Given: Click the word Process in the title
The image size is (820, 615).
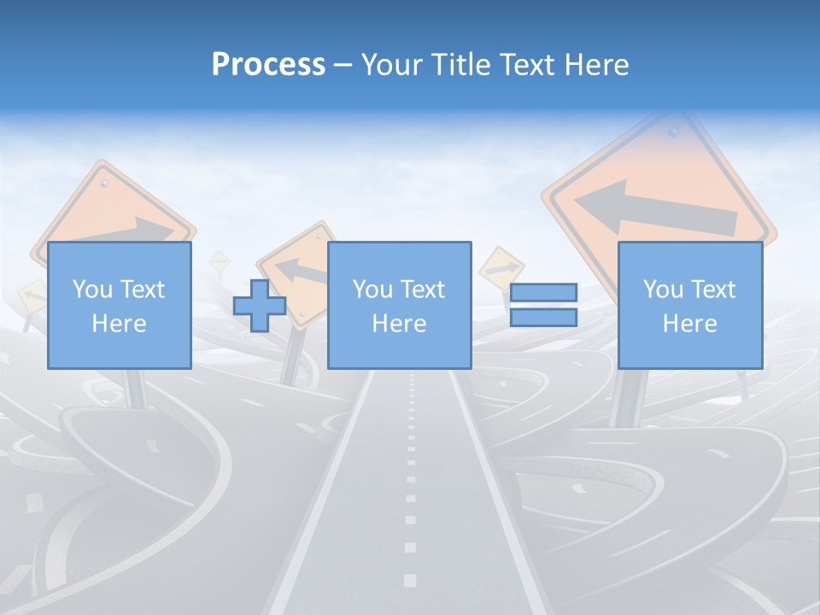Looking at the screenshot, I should click(x=268, y=65).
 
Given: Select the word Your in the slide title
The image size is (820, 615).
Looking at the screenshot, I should click(x=394, y=65).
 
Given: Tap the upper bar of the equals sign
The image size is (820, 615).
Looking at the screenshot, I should click(x=543, y=293).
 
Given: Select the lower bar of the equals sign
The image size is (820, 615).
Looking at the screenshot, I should click(x=543, y=318).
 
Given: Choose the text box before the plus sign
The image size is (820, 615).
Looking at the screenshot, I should click(x=119, y=305).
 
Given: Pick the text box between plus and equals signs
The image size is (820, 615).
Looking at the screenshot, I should click(x=399, y=305).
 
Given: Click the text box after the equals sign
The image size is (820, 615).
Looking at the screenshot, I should click(x=689, y=305).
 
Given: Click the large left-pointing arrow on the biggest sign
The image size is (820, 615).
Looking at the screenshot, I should click(x=653, y=209).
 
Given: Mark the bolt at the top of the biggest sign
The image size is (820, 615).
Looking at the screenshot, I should click(x=673, y=132).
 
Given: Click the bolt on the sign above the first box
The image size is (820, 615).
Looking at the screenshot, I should click(x=105, y=182).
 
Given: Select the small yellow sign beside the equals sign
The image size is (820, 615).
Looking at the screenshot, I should click(x=500, y=267).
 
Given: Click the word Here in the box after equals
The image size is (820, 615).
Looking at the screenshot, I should click(x=689, y=323).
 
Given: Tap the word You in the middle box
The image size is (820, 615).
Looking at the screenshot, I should click(x=372, y=290).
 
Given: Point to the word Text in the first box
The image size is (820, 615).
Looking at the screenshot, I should click(x=142, y=290).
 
